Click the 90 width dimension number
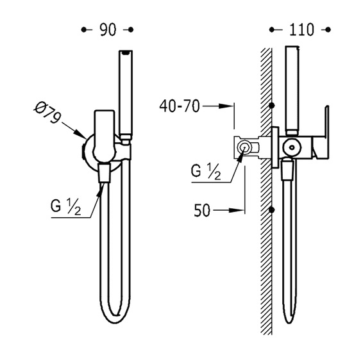coord(108,30)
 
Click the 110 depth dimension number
coord(301,30)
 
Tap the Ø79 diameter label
coord(47,113)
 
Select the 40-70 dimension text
coord(180,106)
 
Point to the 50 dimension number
coord(202,210)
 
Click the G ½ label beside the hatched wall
coord(206,171)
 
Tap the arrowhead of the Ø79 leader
coord(81,135)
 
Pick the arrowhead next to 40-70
coord(226,106)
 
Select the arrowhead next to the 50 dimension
coord(237,210)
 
